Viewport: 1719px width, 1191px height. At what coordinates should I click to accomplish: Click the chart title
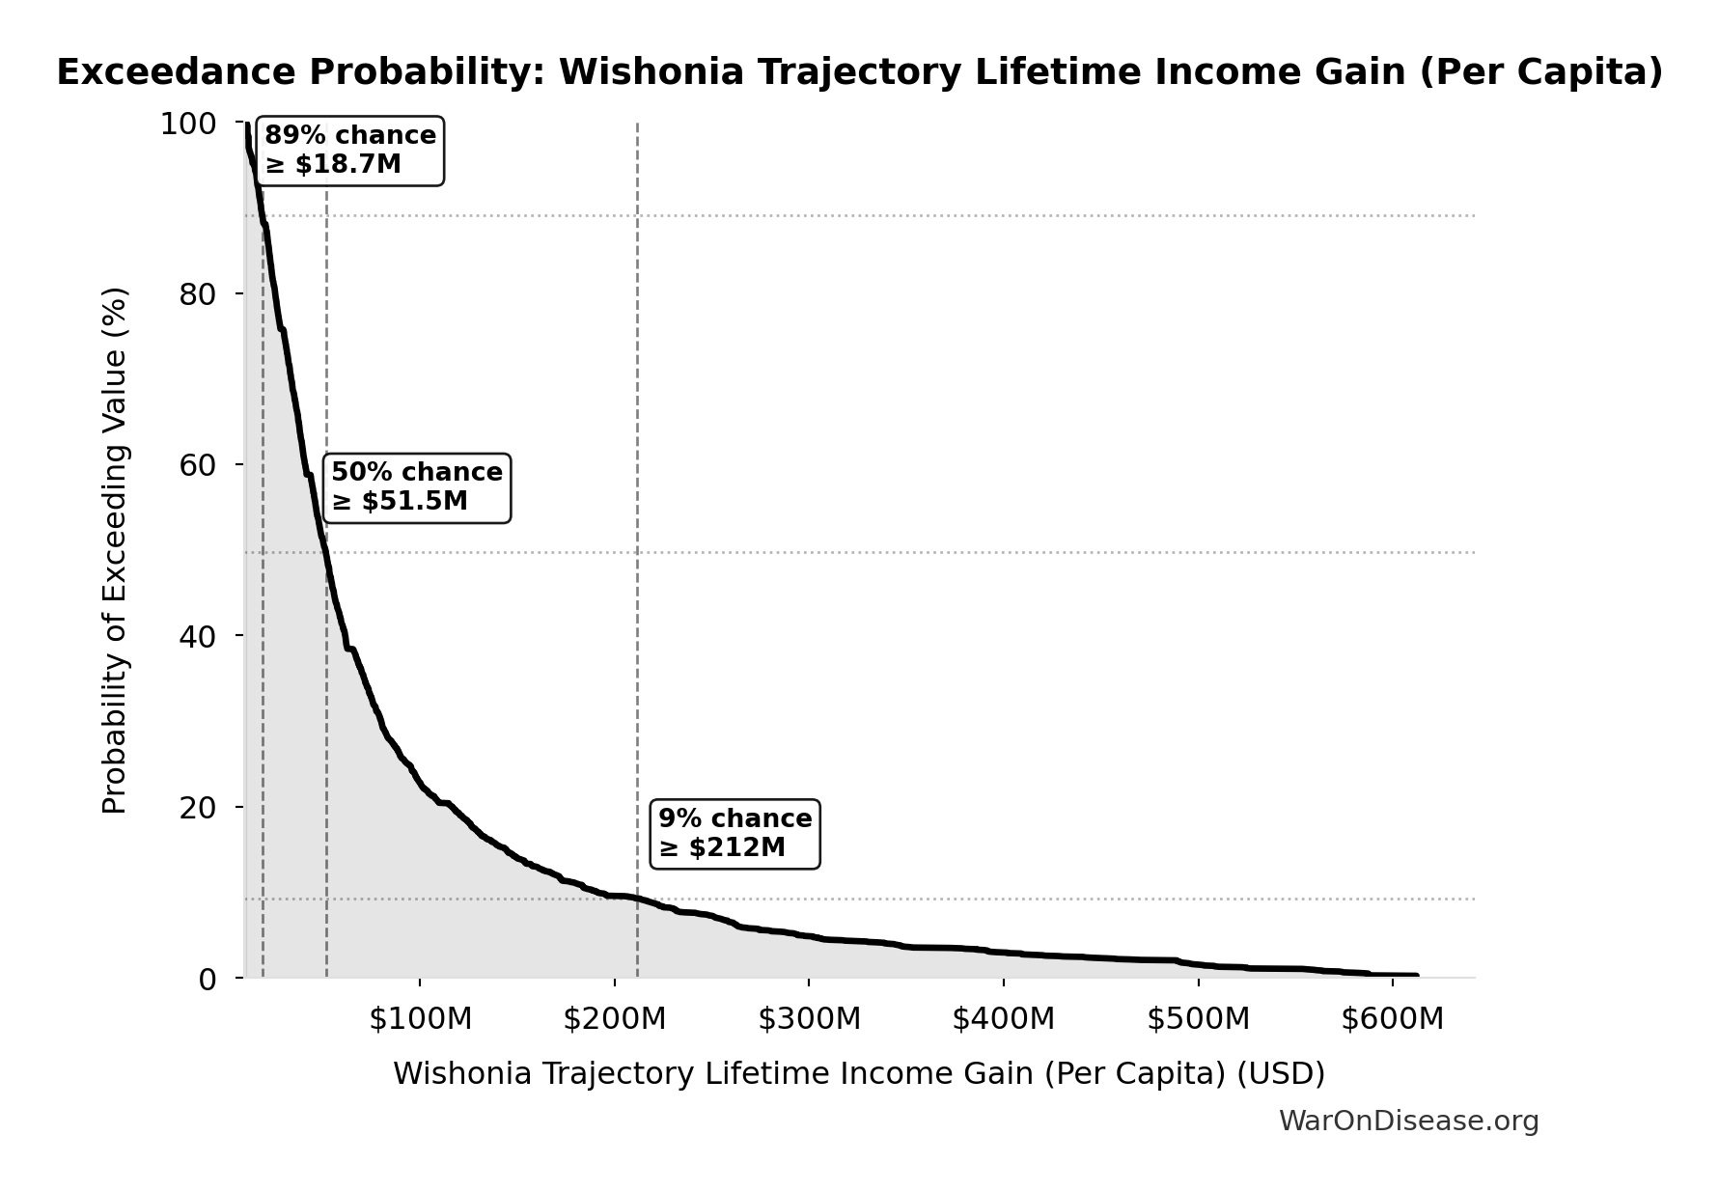tap(860, 73)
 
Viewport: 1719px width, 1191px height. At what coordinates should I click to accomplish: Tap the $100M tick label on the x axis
tap(420, 1019)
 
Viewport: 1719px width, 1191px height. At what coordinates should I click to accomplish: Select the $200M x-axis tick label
tap(615, 1019)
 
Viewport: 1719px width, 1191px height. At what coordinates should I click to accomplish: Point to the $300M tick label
tap(809, 1019)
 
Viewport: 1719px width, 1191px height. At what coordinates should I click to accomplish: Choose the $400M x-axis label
tap(1004, 1019)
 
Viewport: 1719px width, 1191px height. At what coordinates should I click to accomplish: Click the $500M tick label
tap(1198, 1019)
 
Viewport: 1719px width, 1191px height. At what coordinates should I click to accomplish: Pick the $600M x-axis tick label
tap(1392, 1019)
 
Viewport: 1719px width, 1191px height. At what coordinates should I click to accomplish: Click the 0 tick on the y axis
tap(207, 979)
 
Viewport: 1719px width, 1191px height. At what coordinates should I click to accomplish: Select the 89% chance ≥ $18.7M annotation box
tap(350, 151)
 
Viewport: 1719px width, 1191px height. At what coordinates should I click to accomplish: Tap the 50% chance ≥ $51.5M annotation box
tap(417, 487)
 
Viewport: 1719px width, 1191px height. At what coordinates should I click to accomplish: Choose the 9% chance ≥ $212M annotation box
tap(735, 834)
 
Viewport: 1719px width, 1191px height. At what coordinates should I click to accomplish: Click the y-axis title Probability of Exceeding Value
tap(115, 550)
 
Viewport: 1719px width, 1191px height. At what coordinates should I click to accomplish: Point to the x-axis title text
tap(859, 1074)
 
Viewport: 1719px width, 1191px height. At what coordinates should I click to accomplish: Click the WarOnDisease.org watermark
tap(1408, 1122)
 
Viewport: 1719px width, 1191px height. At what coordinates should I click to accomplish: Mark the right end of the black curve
tap(1416, 975)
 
